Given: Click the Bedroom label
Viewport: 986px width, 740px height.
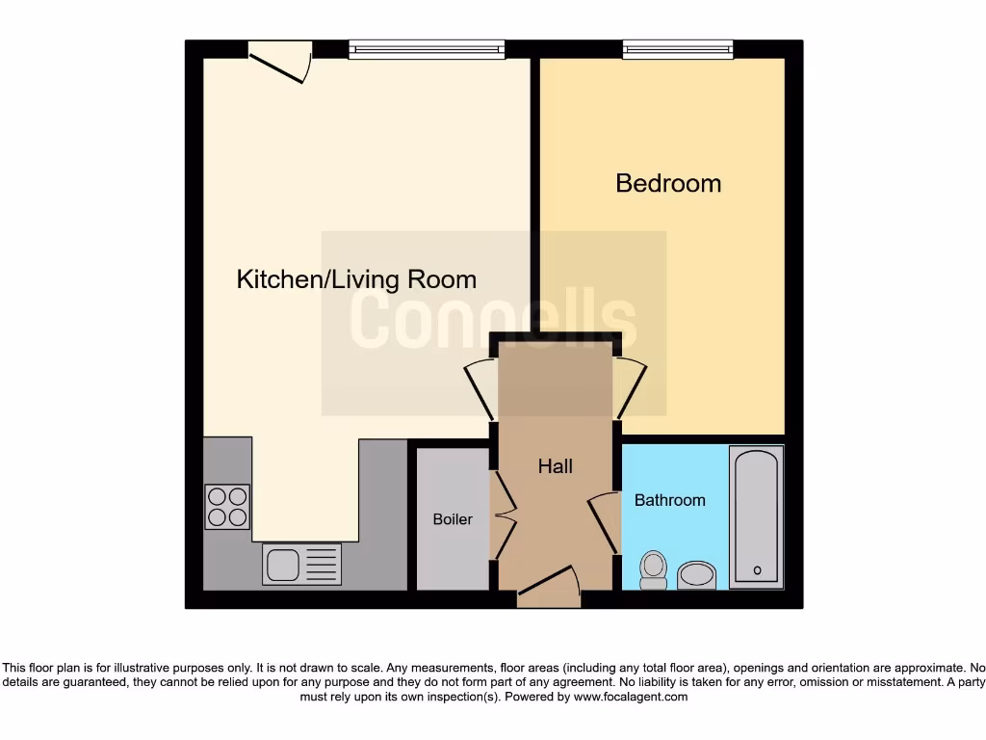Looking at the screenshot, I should pos(668,183).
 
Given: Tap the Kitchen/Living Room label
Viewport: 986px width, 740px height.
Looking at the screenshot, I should pos(356,279).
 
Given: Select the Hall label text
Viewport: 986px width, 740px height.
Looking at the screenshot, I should pos(555,466).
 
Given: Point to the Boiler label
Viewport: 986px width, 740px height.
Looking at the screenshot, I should pos(453,519).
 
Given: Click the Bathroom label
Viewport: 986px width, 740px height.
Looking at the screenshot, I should pos(669,500).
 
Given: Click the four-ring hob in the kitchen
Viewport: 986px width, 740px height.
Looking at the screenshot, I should pos(227,507).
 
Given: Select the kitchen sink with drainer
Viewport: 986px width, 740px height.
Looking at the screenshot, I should pos(301,565).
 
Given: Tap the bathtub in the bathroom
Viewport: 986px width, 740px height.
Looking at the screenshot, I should pos(756,516).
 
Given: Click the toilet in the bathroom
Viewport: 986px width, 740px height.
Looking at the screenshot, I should pos(654,568).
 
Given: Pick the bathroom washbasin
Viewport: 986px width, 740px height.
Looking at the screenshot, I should pos(696,575).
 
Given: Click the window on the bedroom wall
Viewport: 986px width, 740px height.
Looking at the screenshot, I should pos(678,49).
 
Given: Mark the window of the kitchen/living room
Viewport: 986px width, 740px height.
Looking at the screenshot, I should pos(427,49).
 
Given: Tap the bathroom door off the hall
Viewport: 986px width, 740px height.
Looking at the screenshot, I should pos(603,521).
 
